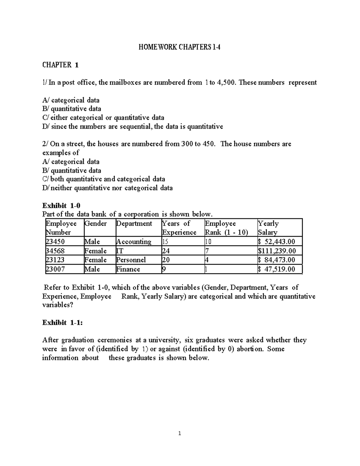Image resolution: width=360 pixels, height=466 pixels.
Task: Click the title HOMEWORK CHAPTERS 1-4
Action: tap(179, 47)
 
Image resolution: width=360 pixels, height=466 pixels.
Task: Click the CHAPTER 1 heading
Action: tap(60, 65)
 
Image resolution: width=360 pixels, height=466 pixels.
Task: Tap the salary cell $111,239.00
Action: tap(277, 251)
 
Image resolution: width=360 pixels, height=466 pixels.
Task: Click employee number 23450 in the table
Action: tap(55, 242)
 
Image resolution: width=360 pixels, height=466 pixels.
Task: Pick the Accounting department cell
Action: tap(134, 242)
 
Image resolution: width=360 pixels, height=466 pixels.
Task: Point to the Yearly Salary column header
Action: tap(268, 228)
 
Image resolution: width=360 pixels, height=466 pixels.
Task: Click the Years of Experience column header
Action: tap(179, 228)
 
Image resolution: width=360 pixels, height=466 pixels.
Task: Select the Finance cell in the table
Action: tap(128, 269)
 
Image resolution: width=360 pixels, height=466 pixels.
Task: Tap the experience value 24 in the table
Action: tap(166, 251)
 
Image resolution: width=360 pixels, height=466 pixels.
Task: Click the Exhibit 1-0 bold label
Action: tap(61, 206)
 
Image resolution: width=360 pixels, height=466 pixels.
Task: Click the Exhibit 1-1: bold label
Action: tap(62, 323)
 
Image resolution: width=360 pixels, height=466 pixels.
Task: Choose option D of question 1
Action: tap(133, 126)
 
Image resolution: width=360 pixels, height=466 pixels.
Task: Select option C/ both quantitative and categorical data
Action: tap(104, 179)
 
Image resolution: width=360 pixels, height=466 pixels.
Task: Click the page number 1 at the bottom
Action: tap(179, 433)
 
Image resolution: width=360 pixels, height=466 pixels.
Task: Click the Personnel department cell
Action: tap(131, 260)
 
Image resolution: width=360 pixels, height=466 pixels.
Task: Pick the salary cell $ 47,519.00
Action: tap(277, 269)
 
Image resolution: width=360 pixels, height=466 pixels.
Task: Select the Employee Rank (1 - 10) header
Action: tap(226, 228)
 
